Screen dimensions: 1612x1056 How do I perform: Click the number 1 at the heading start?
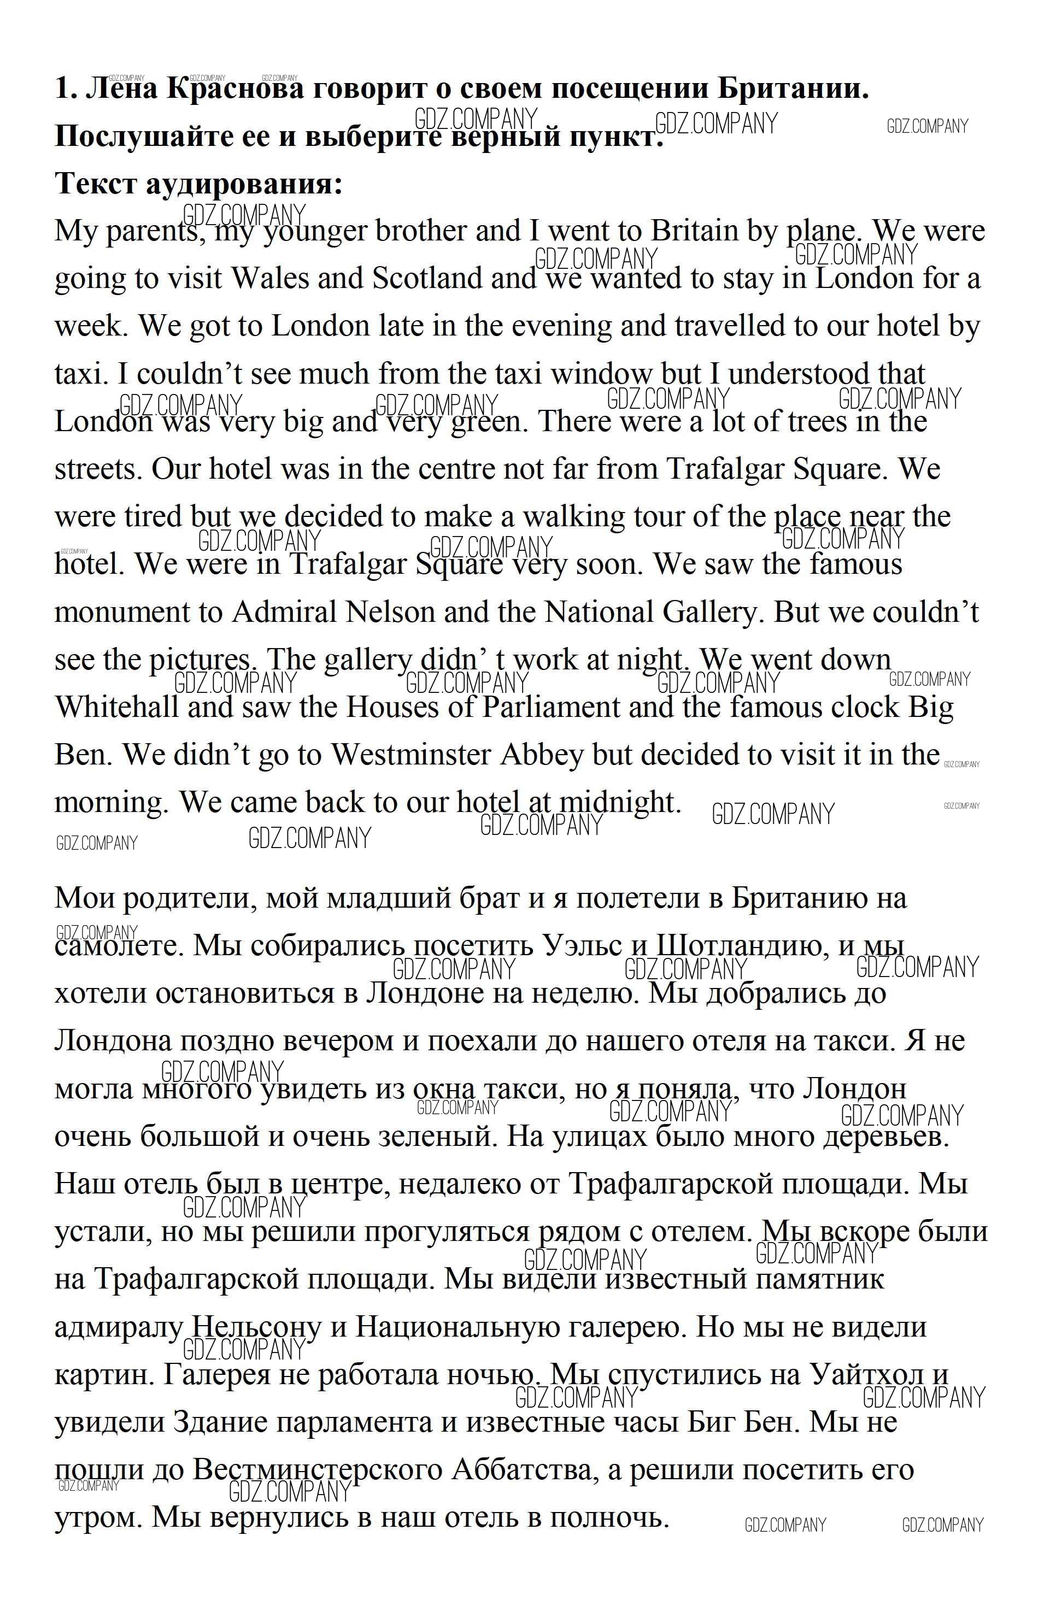point(63,89)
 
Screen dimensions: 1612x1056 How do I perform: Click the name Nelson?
point(390,613)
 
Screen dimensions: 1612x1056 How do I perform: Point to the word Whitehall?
point(116,708)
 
